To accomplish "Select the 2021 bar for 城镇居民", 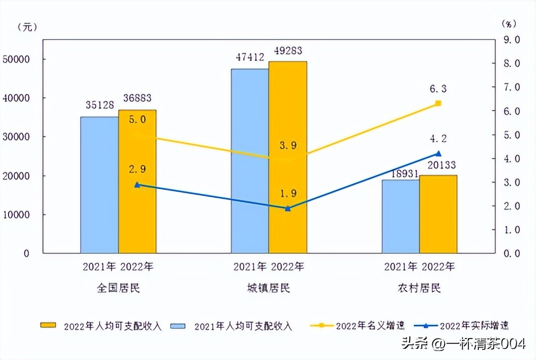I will click(x=250, y=160).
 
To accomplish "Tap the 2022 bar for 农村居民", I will click(x=438, y=214).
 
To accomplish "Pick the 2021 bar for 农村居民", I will click(x=401, y=216).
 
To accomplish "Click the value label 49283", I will click(x=288, y=51).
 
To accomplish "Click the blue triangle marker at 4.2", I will click(x=438, y=154).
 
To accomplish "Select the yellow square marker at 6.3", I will click(x=438, y=103).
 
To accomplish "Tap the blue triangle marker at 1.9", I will click(x=288, y=208).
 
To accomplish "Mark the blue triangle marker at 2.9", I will click(x=137, y=185).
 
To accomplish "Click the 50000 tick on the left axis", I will click(x=17, y=59).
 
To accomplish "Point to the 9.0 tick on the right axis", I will click(x=511, y=39).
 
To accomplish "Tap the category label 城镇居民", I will click(x=269, y=288).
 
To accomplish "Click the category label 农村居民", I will click(x=419, y=288).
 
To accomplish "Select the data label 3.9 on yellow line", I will click(x=288, y=146).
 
